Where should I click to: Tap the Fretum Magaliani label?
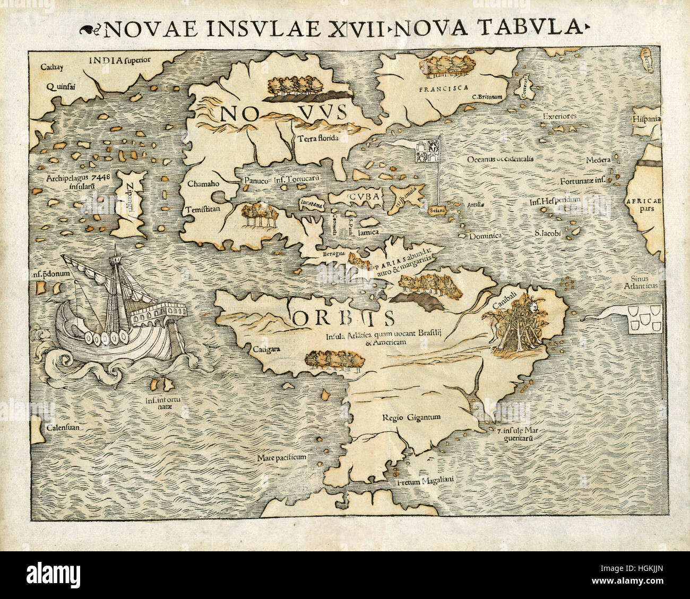[425, 482]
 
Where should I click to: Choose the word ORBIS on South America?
[344, 318]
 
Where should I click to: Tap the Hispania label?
[646, 119]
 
